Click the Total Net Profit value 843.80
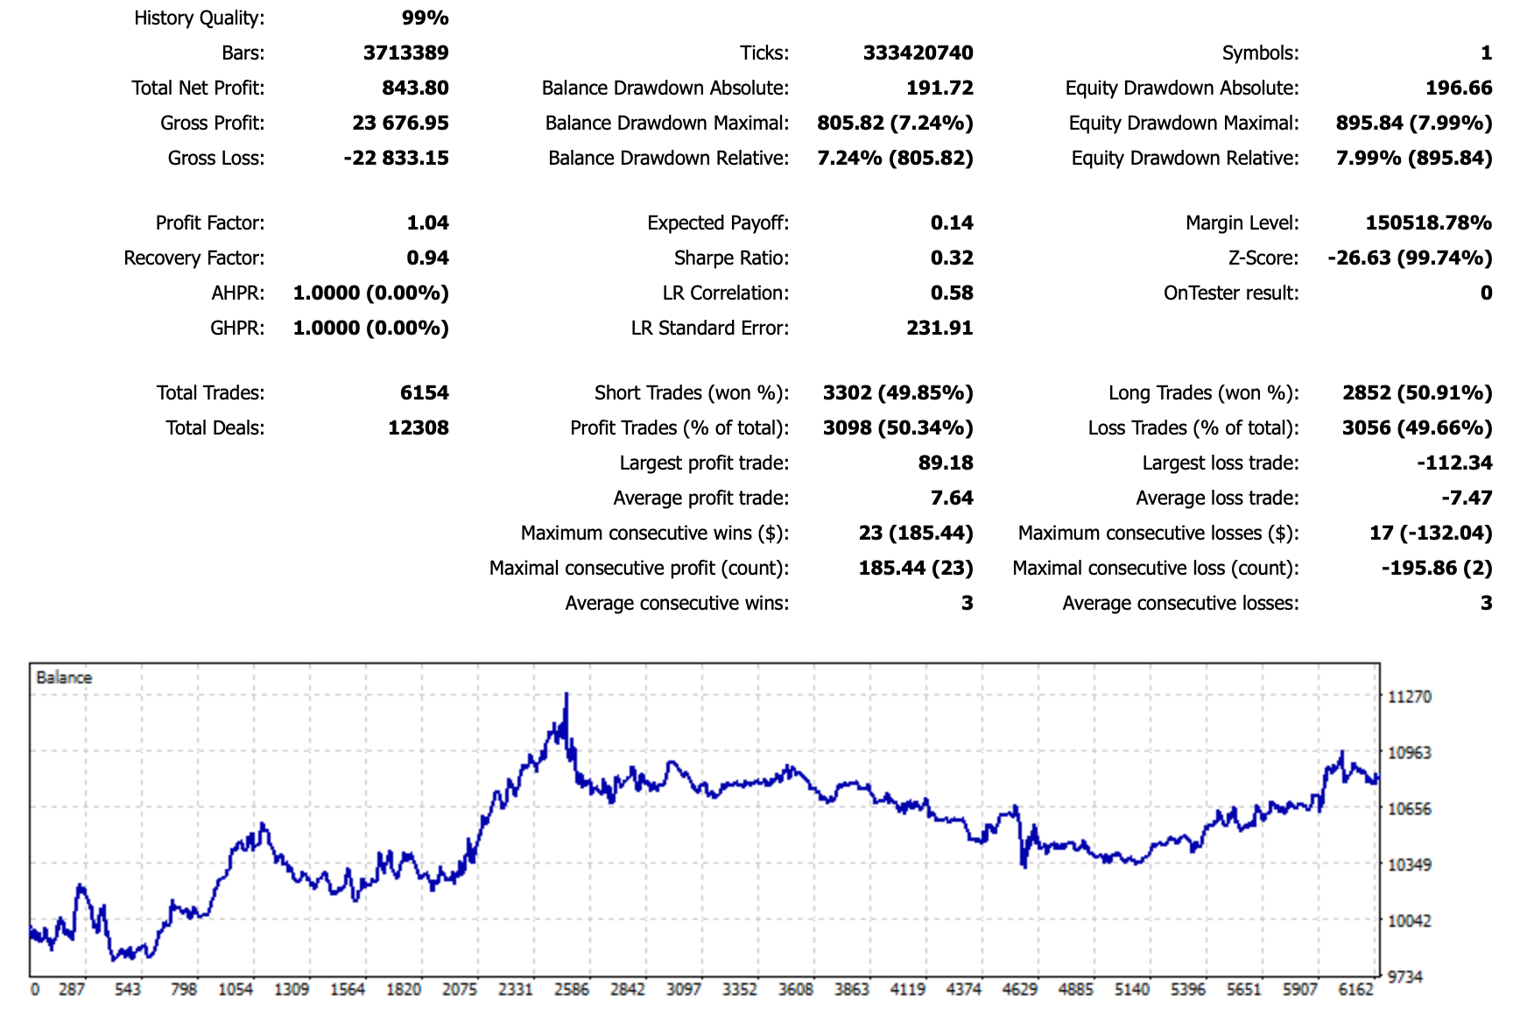[x=415, y=88]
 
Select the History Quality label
[x=199, y=18]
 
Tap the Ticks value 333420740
[x=918, y=53]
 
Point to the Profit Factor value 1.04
[x=427, y=223]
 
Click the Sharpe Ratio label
[x=731, y=258]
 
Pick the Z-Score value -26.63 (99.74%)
[x=1410, y=258]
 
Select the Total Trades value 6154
[x=424, y=392]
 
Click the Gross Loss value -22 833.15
[x=396, y=158]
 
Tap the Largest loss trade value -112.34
[x=1454, y=463]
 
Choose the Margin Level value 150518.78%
[x=1428, y=223]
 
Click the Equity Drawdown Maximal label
[x=1183, y=123]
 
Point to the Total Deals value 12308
[x=418, y=428]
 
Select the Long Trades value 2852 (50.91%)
[x=1417, y=392]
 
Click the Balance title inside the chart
[x=64, y=677]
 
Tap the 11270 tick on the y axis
[x=1410, y=696]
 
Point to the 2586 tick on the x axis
[x=572, y=989]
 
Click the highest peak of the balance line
[x=566, y=694]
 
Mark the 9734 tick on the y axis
[x=1406, y=977]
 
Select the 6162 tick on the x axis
[x=1355, y=989]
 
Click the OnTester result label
[x=1230, y=293]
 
